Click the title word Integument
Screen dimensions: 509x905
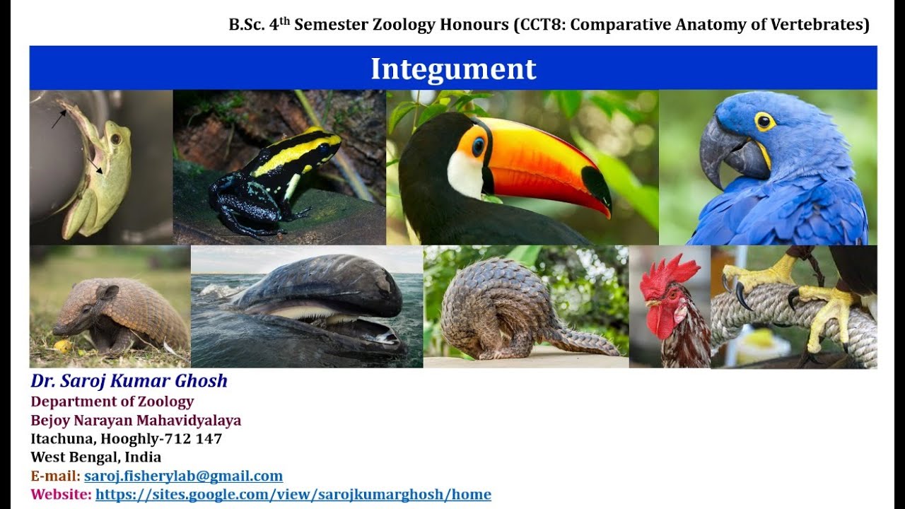pos(453,69)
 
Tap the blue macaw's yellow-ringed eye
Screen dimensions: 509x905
pos(764,121)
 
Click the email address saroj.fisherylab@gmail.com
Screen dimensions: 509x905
pos(183,476)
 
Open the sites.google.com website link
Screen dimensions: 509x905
pos(293,494)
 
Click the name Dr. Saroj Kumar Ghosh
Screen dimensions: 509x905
pos(129,381)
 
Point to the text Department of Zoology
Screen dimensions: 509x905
pos(112,402)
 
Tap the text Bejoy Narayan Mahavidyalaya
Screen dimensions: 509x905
pos(136,421)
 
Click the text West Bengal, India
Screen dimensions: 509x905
pos(95,457)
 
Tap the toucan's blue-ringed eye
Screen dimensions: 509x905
pos(479,146)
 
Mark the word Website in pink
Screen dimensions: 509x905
pos(60,494)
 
